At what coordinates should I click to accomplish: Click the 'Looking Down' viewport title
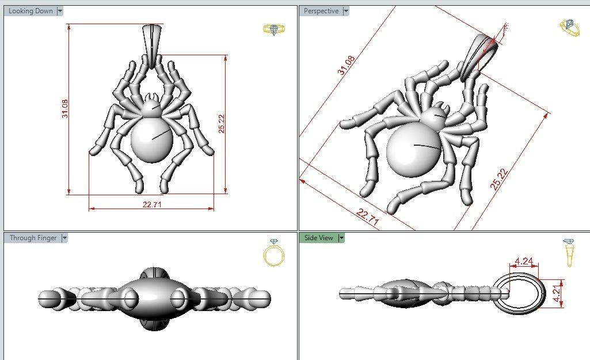click(x=31, y=11)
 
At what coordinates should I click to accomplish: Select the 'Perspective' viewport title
click(x=321, y=11)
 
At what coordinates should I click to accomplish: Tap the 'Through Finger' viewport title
click(x=33, y=237)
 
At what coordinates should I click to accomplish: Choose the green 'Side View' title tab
click(x=319, y=237)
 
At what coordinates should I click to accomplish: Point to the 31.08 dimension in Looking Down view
click(x=64, y=109)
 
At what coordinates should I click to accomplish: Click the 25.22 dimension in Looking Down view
click(x=222, y=123)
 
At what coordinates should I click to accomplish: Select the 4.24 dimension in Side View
click(x=523, y=261)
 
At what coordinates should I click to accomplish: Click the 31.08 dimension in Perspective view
click(x=347, y=65)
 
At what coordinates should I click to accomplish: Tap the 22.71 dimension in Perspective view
click(x=368, y=218)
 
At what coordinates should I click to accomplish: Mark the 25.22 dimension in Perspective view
click(x=498, y=179)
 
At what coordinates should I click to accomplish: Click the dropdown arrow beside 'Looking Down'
click(x=60, y=11)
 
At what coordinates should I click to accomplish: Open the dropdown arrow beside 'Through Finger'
click(x=64, y=237)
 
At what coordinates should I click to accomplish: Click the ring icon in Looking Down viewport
click(x=271, y=29)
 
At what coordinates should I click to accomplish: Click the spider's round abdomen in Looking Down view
click(x=152, y=140)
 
